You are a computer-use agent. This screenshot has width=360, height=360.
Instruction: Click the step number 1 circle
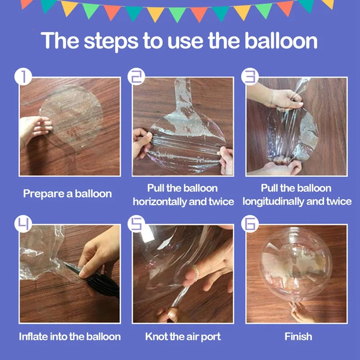click(23, 76)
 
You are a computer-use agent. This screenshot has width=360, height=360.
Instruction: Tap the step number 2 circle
click(136, 76)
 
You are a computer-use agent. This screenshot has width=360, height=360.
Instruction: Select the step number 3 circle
click(250, 76)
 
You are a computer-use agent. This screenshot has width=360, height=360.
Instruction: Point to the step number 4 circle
click(23, 224)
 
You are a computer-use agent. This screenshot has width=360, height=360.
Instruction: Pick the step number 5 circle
click(136, 224)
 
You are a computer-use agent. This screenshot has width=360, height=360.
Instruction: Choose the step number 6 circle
click(250, 224)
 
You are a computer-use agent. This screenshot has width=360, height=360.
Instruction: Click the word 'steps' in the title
click(111, 41)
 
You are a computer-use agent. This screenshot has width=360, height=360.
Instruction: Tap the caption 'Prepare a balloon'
click(67, 194)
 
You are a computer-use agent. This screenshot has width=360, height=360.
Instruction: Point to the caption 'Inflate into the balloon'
click(70, 337)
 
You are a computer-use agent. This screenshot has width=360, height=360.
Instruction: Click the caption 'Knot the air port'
click(183, 337)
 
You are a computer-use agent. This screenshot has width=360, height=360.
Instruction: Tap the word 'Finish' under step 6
click(298, 337)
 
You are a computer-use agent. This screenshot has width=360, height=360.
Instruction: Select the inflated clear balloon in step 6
click(296, 264)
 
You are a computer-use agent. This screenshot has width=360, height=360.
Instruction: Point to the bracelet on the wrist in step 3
click(272, 98)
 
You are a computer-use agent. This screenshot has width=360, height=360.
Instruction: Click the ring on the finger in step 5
click(195, 272)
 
